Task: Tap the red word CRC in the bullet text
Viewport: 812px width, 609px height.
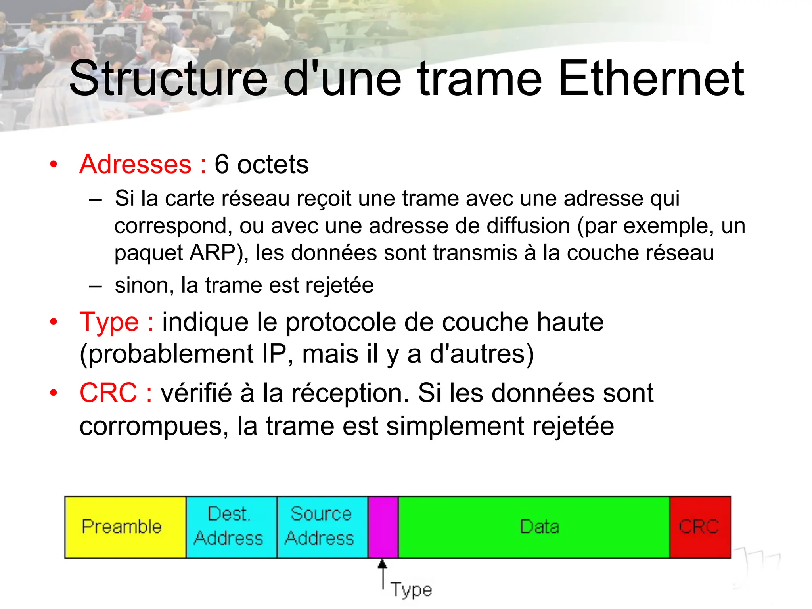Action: coord(108,393)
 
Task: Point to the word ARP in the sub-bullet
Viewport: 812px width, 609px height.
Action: coord(213,253)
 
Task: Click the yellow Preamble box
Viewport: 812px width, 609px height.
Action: coord(125,527)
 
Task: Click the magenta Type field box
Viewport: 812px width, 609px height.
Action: coord(383,527)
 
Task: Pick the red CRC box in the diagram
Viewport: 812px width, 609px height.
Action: coord(700,527)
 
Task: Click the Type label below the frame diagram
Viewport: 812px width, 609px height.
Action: coord(411,590)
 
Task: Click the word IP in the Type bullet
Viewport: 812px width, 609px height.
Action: coord(274,354)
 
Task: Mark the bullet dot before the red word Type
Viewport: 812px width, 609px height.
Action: coord(54,322)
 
